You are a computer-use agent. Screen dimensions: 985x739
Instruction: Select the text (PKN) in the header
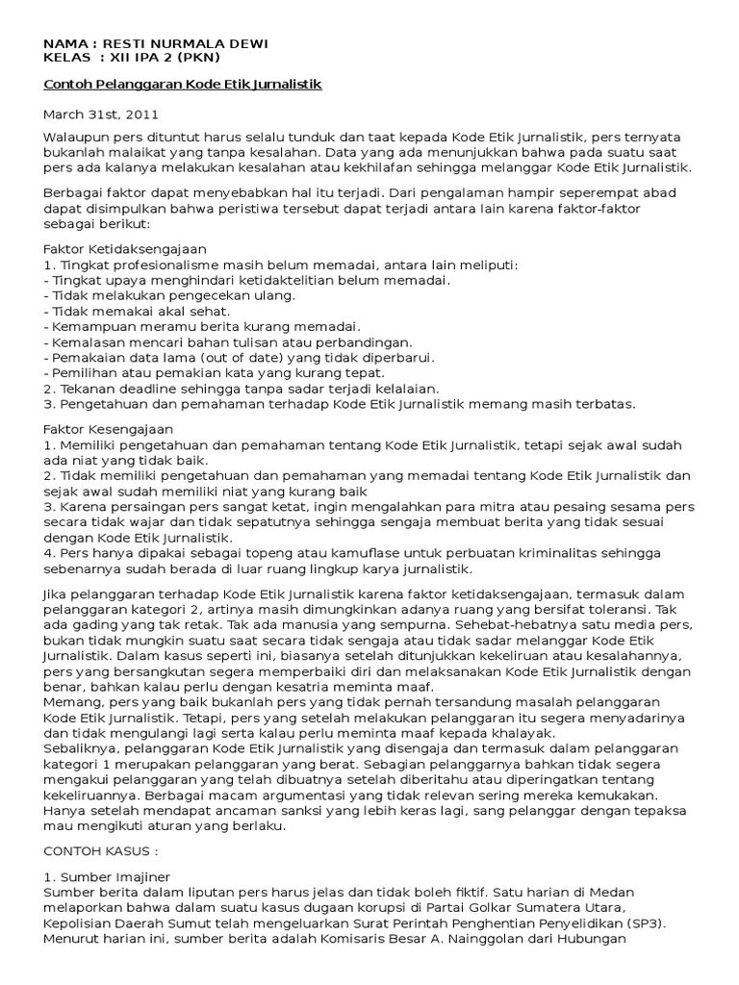point(197,58)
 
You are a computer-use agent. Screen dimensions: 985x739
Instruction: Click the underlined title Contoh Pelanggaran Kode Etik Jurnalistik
point(183,85)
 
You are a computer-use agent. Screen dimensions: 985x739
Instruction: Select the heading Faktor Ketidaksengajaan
point(125,249)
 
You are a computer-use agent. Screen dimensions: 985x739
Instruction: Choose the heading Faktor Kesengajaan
point(109,429)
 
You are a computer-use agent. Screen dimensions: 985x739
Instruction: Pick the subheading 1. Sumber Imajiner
point(105,879)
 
